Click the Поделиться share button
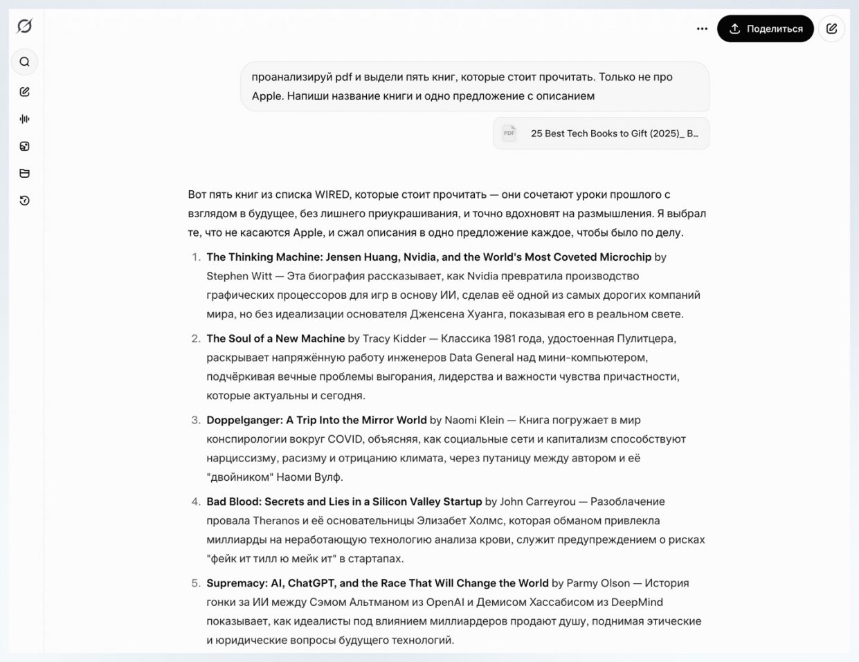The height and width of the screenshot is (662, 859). pyautogui.click(x=765, y=29)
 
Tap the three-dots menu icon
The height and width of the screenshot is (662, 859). pyautogui.click(x=702, y=29)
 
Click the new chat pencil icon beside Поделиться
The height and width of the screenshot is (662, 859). pyautogui.click(x=831, y=29)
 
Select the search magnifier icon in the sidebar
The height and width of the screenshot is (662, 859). pyautogui.click(x=25, y=62)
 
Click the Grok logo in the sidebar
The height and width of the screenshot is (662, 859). pyautogui.click(x=24, y=26)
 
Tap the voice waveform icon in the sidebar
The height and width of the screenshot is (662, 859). pyautogui.click(x=25, y=119)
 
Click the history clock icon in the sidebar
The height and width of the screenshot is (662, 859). pyautogui.click(x=25, y=201)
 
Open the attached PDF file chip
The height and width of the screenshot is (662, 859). pyautogui.click(x=601, y=134)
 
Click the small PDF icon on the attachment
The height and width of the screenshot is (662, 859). pyautogui.click(x=509, y=133)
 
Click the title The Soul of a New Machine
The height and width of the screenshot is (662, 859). pyautogui.click(x=275, y=338)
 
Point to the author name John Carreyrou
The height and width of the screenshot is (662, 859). pyautogui.click(x=538, y=502)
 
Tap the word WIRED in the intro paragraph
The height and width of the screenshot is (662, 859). pyautogui.click(x=332, y=194)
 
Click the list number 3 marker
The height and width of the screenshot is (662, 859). pyautogui.click(x=196, y=420)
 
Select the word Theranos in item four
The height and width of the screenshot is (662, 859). pyautogui.click(x=276, y=521)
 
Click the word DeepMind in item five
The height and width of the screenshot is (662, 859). pyautogui.click(x=637, y=603)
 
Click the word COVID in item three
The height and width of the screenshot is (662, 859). pyautogui.click(x=345, y=439)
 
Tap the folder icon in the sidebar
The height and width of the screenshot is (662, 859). pyautogui.click(x=25, y=174)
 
